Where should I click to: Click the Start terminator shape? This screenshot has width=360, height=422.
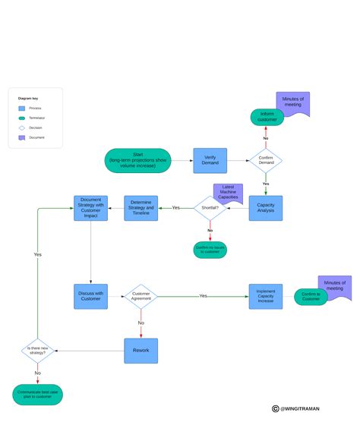(x=137, y=160)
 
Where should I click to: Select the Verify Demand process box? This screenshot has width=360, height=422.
(x=210, y=160)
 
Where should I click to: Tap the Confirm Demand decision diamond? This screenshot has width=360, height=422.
(x=266, y=160)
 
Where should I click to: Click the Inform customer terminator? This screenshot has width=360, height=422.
(x=267, y=117)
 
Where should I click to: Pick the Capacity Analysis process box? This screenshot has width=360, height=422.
(x=266, y=208)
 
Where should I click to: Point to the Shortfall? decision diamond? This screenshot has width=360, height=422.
(x=210, y=208)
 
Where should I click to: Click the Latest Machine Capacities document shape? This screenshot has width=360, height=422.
(x=227, y=191)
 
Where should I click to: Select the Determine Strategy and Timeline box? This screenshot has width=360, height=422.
(x=141, y=208)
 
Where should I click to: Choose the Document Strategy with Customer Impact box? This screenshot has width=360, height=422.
(x=90, y=208)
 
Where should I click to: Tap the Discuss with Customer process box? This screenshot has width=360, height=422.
(x=90, y=296)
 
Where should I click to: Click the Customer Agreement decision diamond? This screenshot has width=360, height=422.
(x=141, y=296)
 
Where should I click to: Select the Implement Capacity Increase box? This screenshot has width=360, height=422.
(x=266, y=296)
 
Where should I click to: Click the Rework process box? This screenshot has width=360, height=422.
(x=141, y=350)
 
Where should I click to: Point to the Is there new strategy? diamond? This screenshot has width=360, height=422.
(x=37, y=350)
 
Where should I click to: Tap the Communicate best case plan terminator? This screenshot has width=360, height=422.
(x=37, y=394)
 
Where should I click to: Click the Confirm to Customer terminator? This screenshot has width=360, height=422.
(x=311, y=297)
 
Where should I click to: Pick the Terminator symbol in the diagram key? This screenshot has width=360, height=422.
(x=23, y=118)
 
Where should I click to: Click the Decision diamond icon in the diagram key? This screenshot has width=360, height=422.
(x=23, y=128)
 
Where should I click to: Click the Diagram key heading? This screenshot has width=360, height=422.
(x=27, y=99)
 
